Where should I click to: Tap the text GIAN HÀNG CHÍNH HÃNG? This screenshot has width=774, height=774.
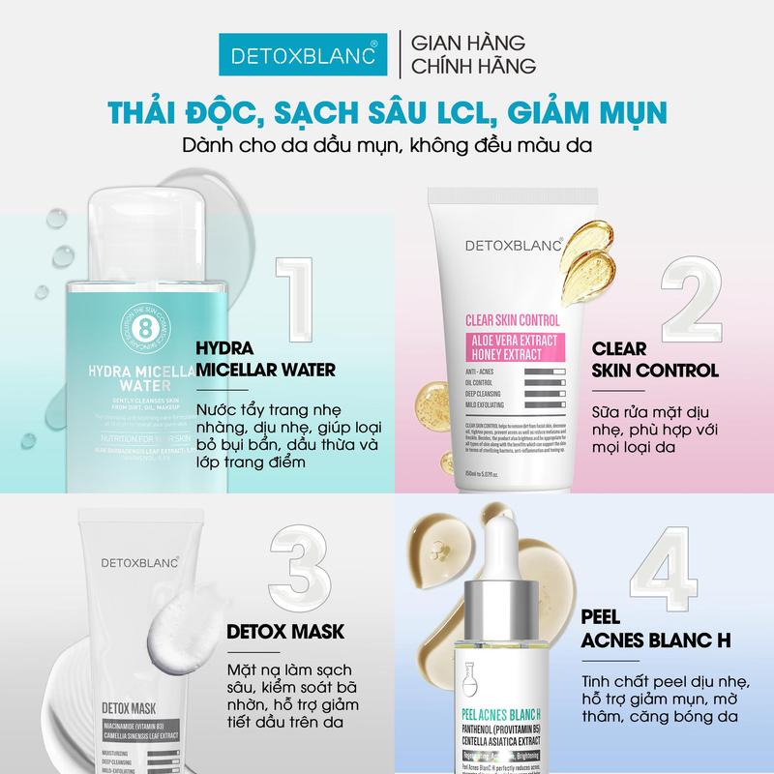click(x=468, y=56)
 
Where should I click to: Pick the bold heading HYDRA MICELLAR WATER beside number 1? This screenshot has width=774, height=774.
click(x=265, y=359)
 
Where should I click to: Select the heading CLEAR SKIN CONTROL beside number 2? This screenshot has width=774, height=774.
click(x=653, y=359)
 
